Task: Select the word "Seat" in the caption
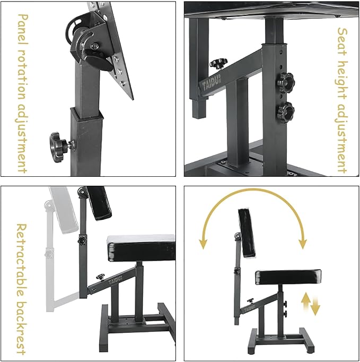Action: (342, 42)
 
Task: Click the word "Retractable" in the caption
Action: (22, 260)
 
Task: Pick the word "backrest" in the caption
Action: (22, 328)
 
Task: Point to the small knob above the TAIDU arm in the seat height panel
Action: (218, 63)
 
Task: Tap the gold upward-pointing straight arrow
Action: (306, 301)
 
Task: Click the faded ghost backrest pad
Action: (64, 210)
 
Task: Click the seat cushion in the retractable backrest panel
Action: (141, 248)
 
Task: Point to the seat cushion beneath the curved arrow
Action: (288, 277)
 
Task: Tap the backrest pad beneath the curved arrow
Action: (247, 233)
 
